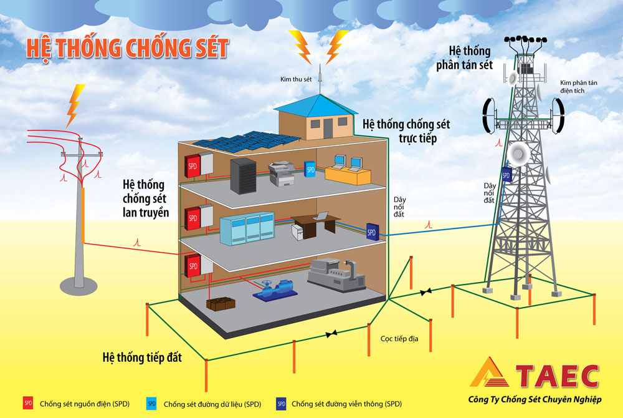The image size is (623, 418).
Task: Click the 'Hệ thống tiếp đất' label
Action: [x=141, y=358]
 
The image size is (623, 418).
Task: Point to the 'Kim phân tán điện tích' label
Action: [x=579, y=86]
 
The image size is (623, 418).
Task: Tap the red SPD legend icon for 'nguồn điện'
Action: [x=28, y=404]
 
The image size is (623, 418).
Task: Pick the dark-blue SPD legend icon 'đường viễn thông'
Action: [x=280, y=404]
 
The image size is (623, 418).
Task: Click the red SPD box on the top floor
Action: [x=193, y=165]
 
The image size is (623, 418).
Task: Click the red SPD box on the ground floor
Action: [x=193, y=266]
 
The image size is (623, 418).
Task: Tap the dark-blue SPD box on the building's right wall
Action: [x=372, y=231]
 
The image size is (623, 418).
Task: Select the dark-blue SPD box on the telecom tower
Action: [x=506, y=175]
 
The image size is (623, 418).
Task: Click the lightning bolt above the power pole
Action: [x=75, y=104]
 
